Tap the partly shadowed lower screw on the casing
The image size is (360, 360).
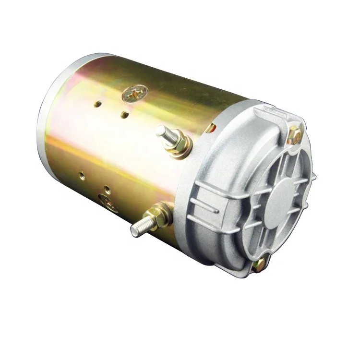[x=107, y=201]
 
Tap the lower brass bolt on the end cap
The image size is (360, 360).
[x=259, y=264]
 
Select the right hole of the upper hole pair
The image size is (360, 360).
[x=125, y=114]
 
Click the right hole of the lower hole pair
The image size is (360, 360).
[x=107, y=189]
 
